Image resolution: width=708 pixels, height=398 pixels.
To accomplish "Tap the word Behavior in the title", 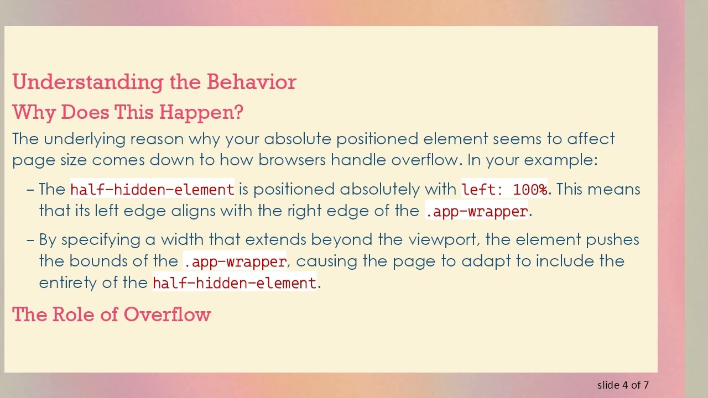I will point(251,82).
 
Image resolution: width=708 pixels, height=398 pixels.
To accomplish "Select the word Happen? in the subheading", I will point(201,112).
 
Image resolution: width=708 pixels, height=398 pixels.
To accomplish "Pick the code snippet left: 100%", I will point(504,190).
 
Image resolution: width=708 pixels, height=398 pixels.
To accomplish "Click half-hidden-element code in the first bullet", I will point(152,190).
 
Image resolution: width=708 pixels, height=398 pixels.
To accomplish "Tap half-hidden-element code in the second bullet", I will point(234,283).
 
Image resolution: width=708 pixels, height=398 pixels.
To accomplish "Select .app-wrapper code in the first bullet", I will point(477,211).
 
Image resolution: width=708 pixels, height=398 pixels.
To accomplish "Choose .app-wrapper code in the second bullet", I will point(235,261).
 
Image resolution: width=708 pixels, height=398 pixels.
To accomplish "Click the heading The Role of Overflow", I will point(112,315).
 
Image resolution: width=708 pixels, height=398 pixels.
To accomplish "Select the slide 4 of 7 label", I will point(623,385).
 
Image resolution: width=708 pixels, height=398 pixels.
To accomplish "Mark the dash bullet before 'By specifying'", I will point(30,240).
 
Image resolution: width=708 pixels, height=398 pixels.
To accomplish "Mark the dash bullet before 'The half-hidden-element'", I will point(30,190).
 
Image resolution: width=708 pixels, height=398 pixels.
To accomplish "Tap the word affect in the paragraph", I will point(591,139).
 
